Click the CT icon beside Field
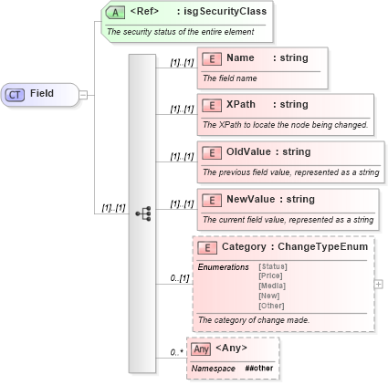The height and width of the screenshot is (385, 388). tap(16, 94)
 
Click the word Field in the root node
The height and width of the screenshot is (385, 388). tap(42, 94)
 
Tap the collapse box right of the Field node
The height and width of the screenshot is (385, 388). tap(82, 94)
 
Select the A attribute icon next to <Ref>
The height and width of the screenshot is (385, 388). tap(116, 12)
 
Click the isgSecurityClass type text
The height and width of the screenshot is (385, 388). tap(225, 12)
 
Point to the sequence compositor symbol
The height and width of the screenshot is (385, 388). tap(142, 213)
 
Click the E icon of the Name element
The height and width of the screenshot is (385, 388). tap(212, 58)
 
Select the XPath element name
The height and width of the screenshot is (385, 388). tap(241, 105)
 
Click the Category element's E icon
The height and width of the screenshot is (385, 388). tap(206, 247)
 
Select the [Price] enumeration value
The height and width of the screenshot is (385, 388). tap(270, 275)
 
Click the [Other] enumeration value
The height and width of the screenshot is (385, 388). tap(270, 306)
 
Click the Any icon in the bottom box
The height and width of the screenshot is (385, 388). tap(201, 349)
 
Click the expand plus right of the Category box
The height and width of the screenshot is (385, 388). tap(379, 284)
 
